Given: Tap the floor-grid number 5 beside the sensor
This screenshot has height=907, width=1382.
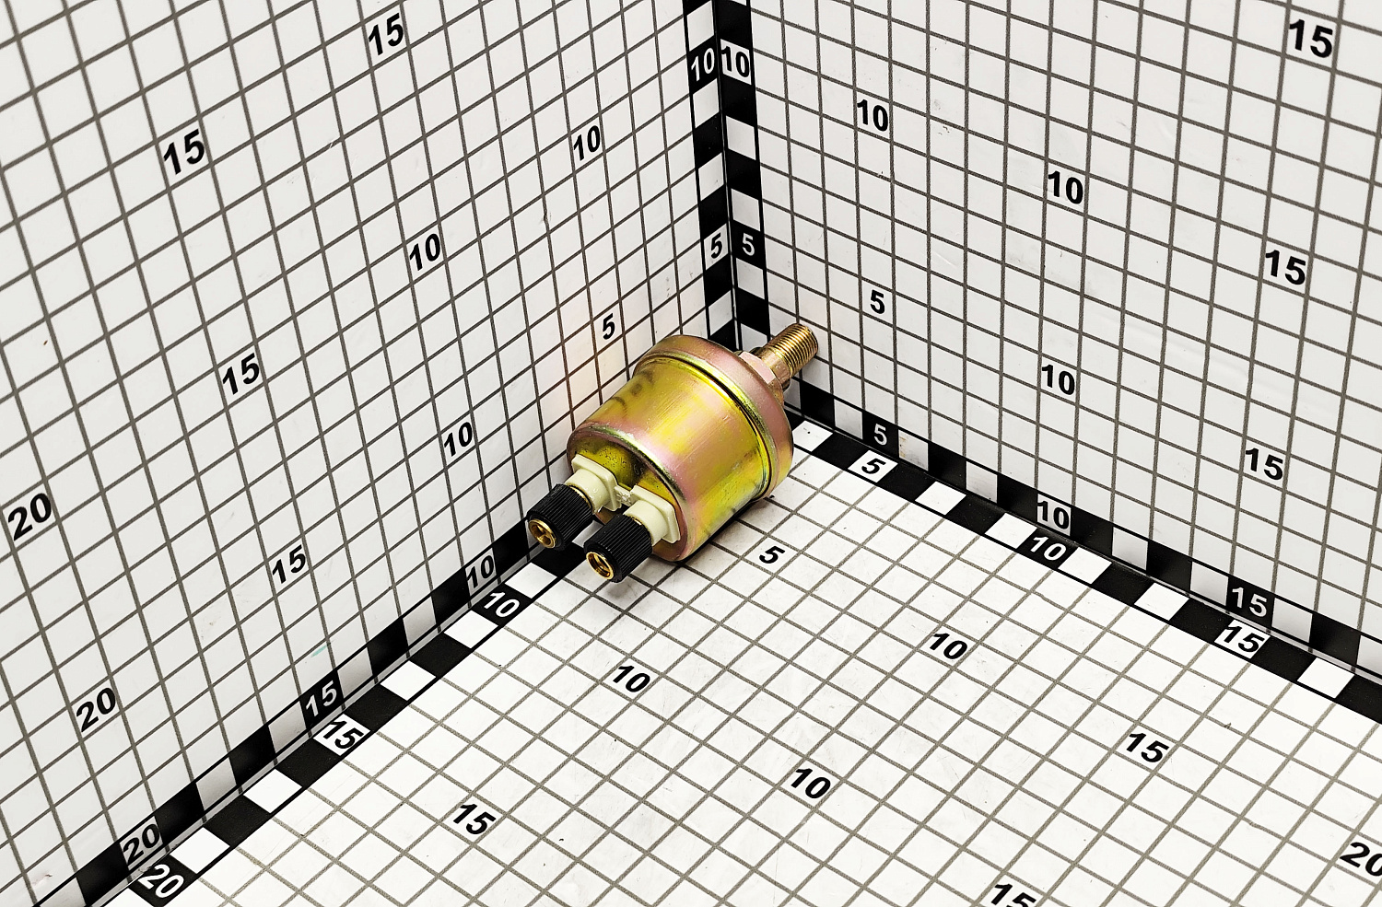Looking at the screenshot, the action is (x=768, y=555).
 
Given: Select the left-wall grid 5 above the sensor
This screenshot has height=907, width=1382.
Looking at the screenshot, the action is (x=608, y=327).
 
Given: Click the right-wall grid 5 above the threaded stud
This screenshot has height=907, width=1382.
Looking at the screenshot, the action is (x=877, y=303).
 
